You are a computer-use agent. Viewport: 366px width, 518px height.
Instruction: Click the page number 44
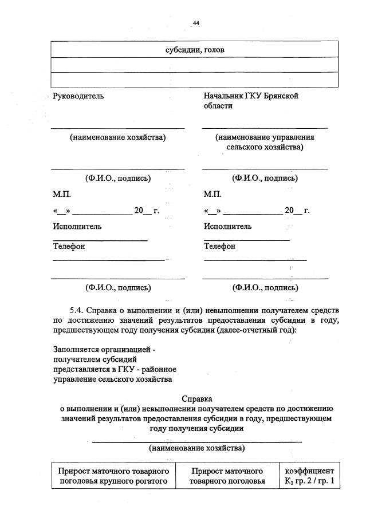coord(196,23)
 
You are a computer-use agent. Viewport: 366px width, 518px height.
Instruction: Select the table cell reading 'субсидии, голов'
coord(195,50)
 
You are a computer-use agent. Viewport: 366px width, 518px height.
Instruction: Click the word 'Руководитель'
coord(78,96)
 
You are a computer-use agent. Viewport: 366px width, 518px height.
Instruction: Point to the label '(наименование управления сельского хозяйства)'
coord(265,143)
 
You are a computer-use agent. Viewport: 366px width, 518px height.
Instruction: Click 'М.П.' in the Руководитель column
coord(62,195)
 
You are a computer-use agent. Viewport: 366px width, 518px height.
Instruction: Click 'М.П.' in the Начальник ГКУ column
coord(213,195)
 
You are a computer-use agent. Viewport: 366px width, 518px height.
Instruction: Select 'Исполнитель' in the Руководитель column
coord(77,226)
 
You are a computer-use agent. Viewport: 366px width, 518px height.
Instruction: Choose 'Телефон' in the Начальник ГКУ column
coord(219,246)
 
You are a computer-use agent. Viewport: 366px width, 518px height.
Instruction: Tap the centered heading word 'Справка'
coord(196,398)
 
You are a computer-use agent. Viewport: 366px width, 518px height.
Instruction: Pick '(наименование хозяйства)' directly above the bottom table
coord(196,447)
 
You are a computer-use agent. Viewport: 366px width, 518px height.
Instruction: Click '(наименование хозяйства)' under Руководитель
coord(117,137)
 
